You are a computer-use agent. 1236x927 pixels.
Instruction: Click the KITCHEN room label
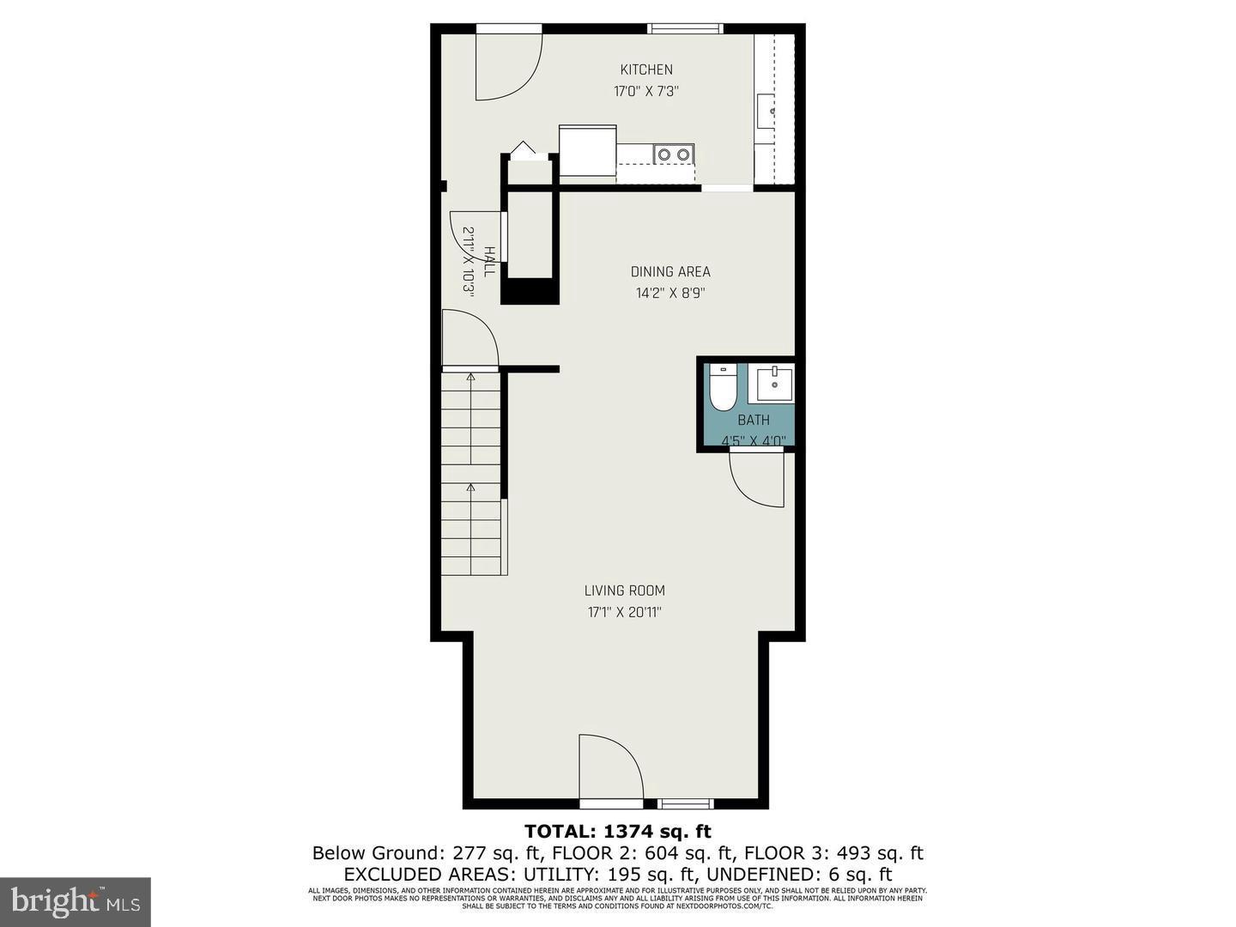click(x=646, y=70)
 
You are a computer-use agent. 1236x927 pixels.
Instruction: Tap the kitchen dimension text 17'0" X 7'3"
click(x=646, y=91)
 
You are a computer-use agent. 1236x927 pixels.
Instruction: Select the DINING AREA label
click(x=670, y=271)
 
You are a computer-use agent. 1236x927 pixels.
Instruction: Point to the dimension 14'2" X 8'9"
click(x=670, y=293)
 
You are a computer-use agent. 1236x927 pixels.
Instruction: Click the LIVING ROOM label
click(x=624, y=591)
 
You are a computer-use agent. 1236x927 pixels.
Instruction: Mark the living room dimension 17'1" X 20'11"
click(x=624, y=612)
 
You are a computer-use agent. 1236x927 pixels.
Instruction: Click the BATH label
click(x=754, y=420)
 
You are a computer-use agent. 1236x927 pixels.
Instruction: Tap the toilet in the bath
click(x=723, y=390)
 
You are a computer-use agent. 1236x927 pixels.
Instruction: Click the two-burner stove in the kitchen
click(x=673, y=154)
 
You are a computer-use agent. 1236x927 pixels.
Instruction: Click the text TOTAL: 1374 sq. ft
click(x=618, y=831)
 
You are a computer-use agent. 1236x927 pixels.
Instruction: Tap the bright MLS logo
click(x=76, y=901)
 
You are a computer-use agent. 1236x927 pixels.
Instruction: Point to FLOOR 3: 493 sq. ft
click(x=833, y=853)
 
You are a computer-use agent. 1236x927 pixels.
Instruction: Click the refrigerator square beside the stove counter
click(x=587, y=151)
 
